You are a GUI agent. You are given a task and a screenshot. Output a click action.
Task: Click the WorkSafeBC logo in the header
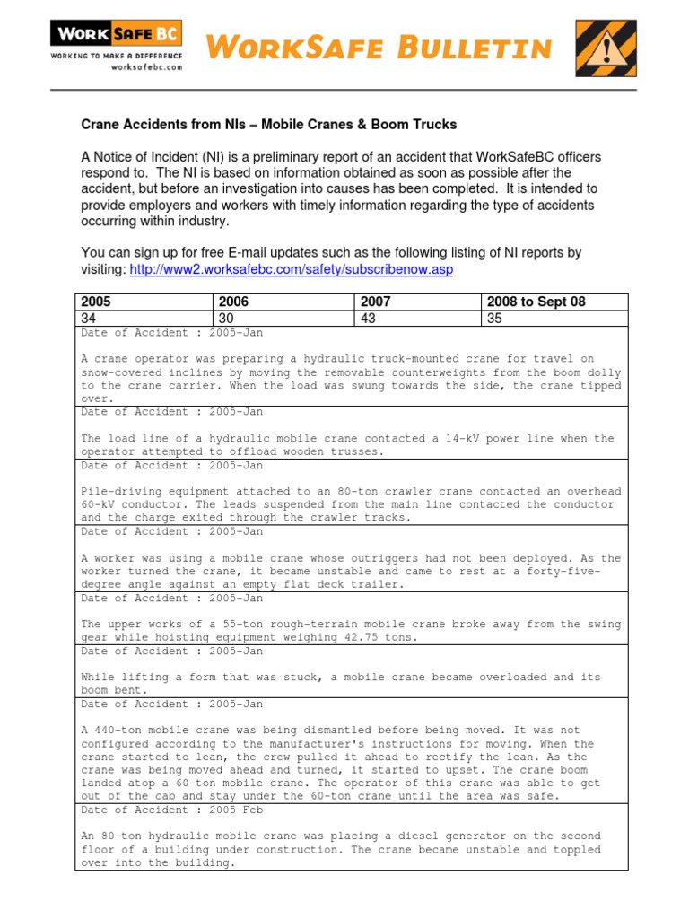(116, 36)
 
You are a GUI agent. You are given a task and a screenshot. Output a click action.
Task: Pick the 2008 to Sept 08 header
(536, 302)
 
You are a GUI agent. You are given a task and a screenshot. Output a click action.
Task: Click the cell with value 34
(89, 318)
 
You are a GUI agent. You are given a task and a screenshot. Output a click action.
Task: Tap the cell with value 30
(224, 318)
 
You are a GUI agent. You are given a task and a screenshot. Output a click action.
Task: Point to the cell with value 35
(494, 318)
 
